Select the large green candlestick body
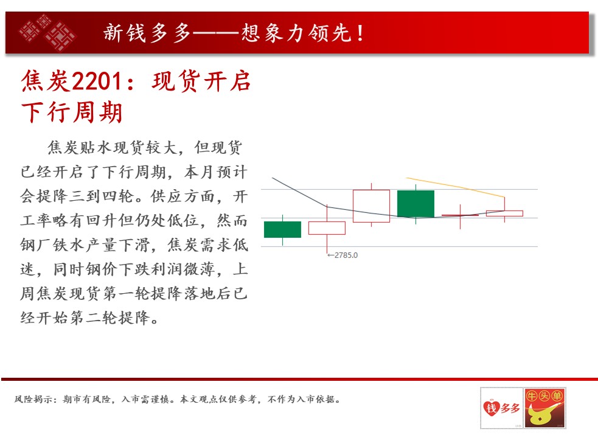415,204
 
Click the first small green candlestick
283,229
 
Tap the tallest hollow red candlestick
371,206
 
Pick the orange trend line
456,187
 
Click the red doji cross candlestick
460,215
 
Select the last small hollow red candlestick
504,214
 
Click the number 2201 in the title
97,82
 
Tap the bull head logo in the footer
544,408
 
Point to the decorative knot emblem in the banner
47,32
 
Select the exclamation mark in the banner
360,33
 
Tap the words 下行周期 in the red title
72,112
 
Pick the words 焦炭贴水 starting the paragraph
80,148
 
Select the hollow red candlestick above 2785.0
327,228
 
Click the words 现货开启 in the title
201,81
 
